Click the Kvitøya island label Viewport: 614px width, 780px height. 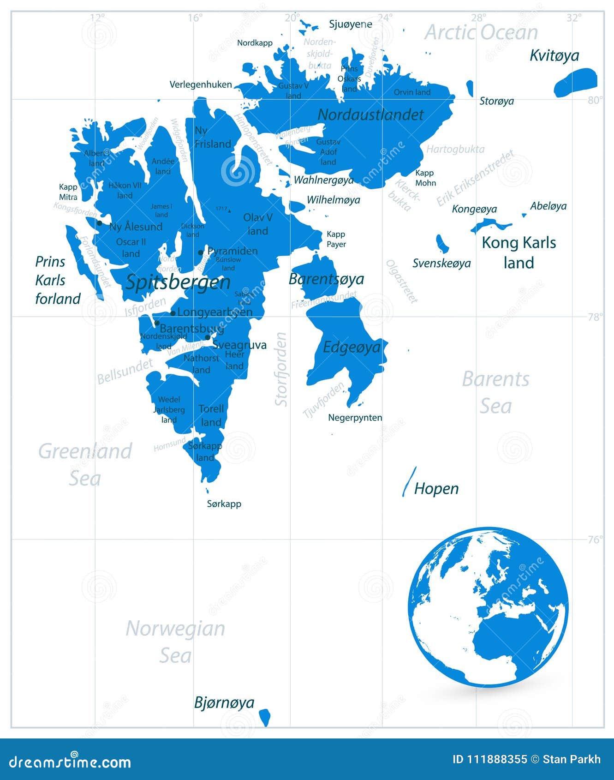[x=554, y=55]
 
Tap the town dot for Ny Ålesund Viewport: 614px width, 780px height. [x=100, y=223]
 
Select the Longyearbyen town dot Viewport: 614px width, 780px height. [x=173, y=313]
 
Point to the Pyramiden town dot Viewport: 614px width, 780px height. [x=201, y=252]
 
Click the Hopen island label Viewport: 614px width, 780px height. [x=436, y=488]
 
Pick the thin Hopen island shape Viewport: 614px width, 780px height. [x=409, y=481]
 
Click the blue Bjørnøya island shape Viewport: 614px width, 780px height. [x=264, y=717]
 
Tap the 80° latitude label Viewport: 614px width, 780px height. [x=595, y=100]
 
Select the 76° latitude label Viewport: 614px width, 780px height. [x=595, y=540]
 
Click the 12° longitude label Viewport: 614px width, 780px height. [x=97, y=18]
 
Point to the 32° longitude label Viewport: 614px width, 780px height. [x=574, y=18]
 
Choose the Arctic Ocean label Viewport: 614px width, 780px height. [x=481, y=32]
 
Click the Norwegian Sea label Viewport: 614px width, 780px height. [x=175, y=642]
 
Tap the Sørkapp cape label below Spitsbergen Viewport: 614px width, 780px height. [x=224, y=504]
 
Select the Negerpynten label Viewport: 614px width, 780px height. [x=355, y=418]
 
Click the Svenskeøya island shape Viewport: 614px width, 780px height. [x=442, y=243]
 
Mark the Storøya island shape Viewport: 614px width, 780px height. [x=470, y=88]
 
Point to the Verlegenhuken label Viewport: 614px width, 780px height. [x=201, y=84]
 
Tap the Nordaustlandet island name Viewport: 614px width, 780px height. [x=370, y=114]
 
